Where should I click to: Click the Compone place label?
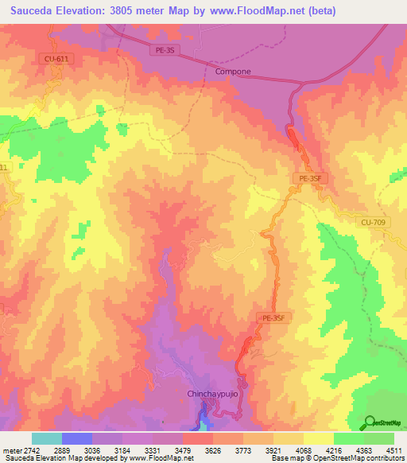[233, 72]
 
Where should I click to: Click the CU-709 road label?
[371, 223]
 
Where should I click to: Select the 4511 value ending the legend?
[393, 450]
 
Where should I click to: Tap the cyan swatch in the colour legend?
[47, 438]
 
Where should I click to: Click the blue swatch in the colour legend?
[77, 438]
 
